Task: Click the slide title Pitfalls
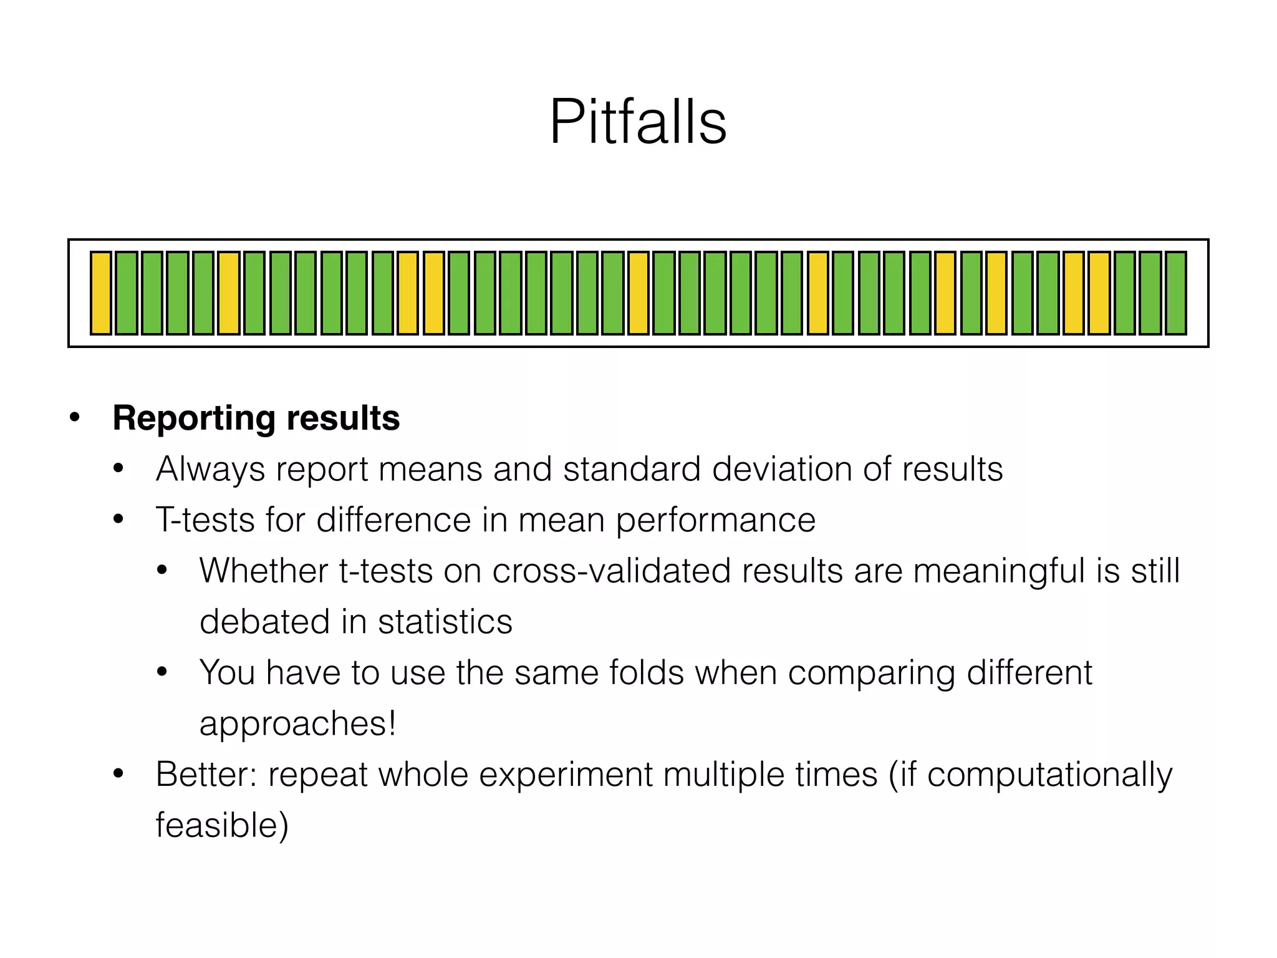[638, 122]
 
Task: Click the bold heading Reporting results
[256, 418]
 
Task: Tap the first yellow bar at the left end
[100, 293]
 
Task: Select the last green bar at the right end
[1175, 293]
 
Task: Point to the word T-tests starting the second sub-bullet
[205, 520]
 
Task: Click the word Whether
[263, 571]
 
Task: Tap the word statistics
[445, 622]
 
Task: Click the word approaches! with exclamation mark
[297, 724]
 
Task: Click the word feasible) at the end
[222, 826]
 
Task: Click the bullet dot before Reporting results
[75, 417]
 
